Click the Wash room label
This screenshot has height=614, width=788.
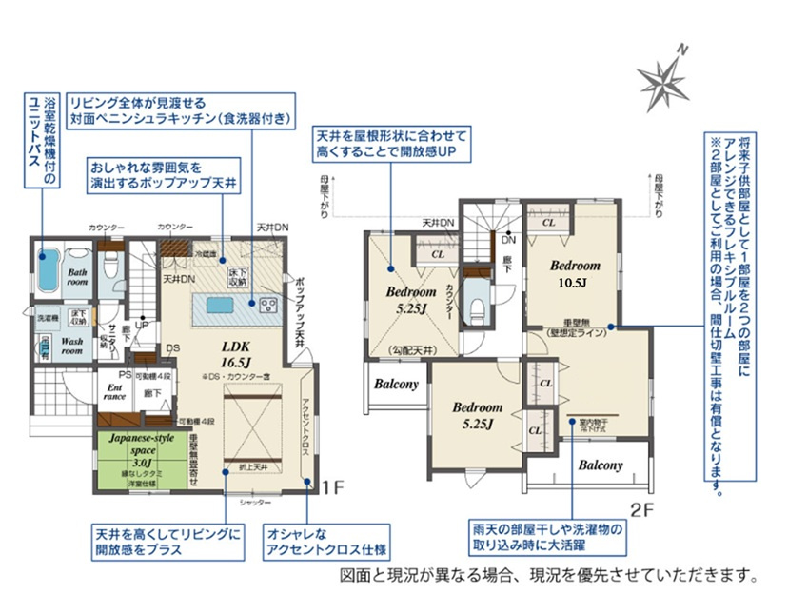[73, 344]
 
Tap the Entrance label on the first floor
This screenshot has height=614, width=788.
[114, 391]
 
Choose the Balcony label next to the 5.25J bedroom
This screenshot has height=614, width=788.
[396, 385]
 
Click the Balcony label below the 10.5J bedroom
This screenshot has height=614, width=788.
[600, 465]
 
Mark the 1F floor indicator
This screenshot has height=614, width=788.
[331, 488]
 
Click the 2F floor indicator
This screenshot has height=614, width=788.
[644, 508]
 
